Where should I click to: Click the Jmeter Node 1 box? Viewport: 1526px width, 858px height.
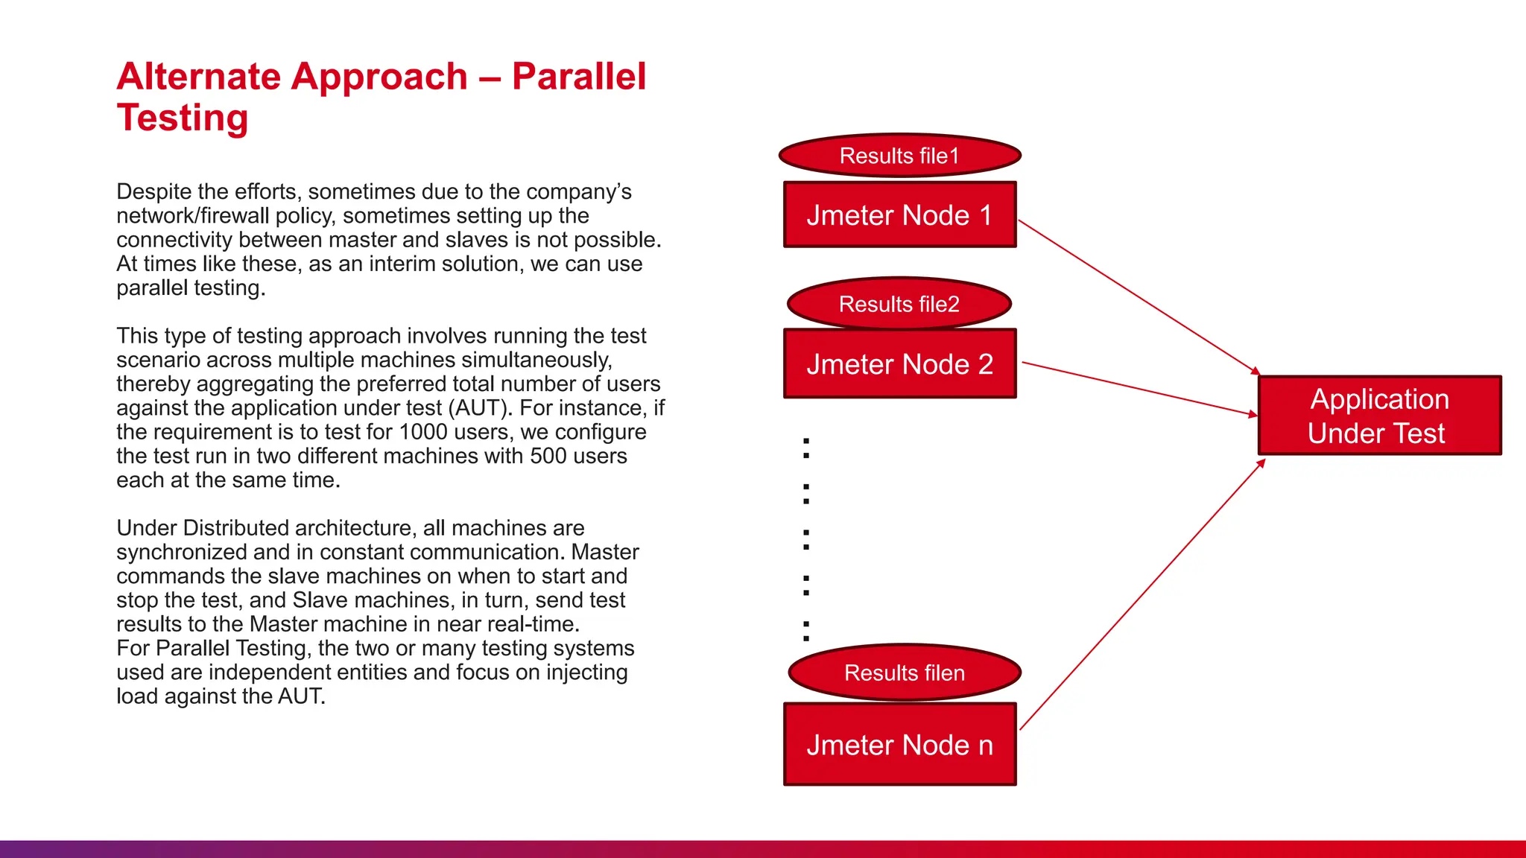pos(899,214)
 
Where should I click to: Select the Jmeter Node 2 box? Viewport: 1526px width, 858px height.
pos(899,363)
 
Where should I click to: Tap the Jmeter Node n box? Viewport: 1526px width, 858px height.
pos(899,744)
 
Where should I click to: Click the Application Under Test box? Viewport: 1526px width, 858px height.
pos(1379,416)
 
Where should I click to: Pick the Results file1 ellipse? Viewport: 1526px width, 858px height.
pos(899,156)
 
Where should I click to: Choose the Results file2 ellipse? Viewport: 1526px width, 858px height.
pos(899,304)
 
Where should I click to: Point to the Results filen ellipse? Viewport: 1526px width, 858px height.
pos(904,673)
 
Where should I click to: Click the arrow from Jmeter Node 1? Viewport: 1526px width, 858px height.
pos(1138,296)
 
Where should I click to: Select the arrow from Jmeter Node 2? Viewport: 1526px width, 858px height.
pos(1140,389)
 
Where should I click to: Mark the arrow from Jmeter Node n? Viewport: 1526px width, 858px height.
pos(1142,594)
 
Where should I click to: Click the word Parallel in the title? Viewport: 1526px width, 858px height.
pos(579,77)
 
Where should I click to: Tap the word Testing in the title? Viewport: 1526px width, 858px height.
pos(183,118)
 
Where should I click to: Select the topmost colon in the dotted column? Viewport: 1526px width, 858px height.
pos(805,448)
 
